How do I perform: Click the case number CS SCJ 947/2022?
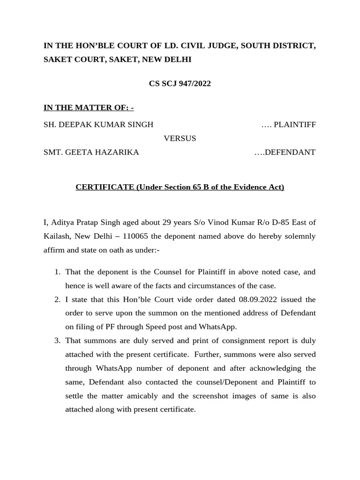(180, 84)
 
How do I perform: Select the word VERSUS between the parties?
(180, 138)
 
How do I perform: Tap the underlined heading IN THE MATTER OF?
(89, 108)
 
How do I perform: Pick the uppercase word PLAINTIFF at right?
(295, 125)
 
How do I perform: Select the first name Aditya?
(63, 222)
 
